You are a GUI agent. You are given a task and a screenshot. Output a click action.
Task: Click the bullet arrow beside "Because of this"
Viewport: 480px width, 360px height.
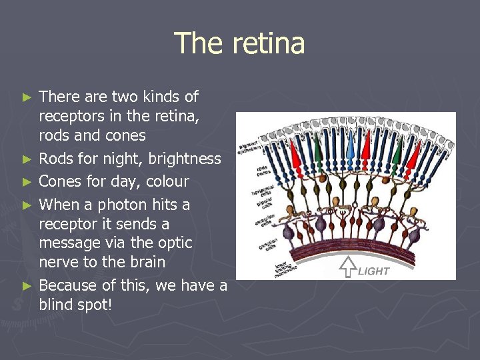tap(27, 285)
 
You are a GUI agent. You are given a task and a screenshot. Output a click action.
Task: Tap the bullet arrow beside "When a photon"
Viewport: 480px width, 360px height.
tap(27, 205)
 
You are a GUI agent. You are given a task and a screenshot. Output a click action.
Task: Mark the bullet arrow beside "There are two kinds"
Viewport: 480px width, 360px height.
tap(27, 97)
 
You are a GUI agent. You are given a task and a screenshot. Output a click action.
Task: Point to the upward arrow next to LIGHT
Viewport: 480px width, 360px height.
tap(347, 267)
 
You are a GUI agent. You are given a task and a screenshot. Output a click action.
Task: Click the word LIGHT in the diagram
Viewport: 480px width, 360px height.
tap(374, 271)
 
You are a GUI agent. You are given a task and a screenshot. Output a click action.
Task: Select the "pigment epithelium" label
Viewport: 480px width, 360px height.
tap(250, 141)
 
